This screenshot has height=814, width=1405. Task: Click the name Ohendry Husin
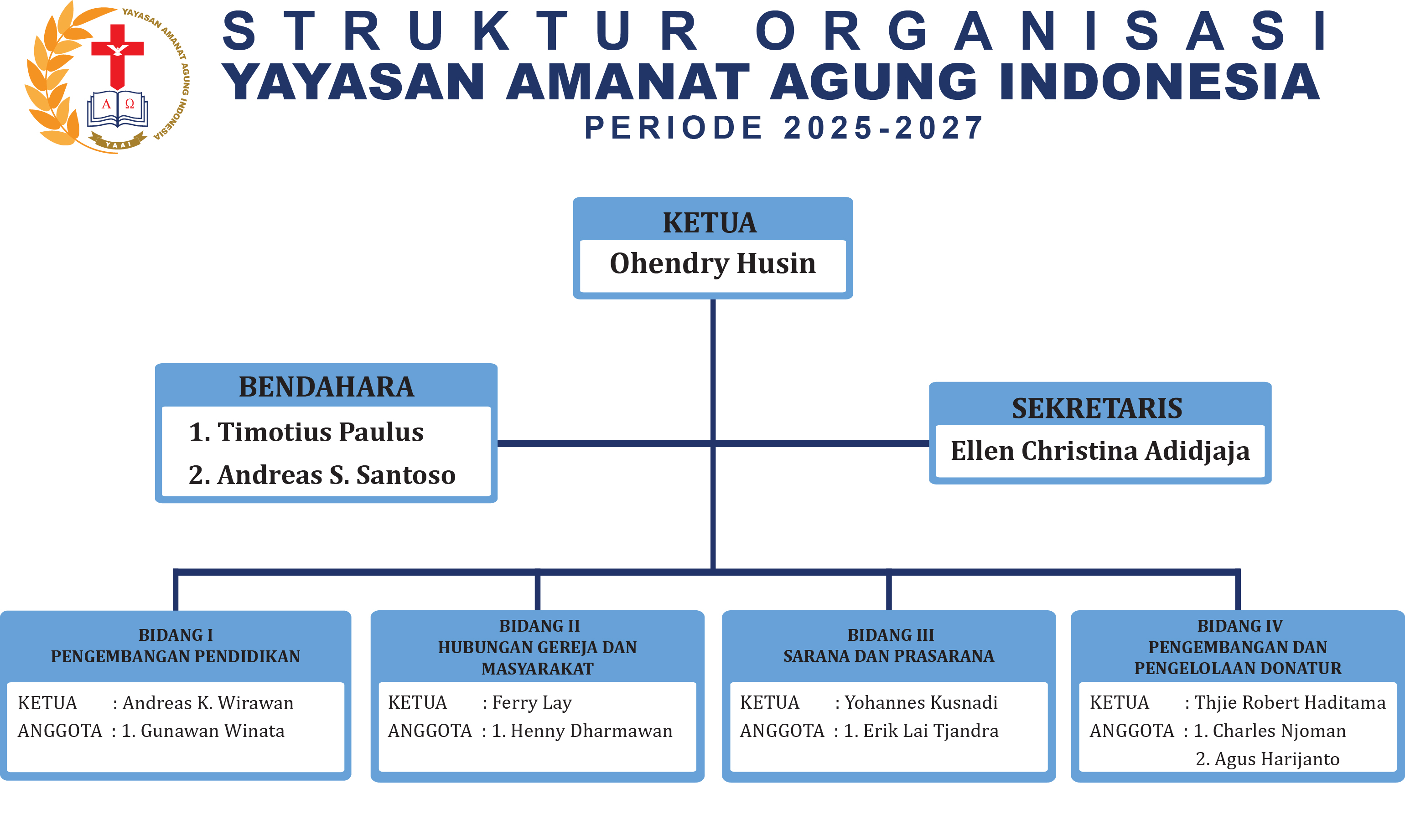[x=713, y=264]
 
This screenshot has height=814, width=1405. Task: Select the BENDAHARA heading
[x=326, y=386]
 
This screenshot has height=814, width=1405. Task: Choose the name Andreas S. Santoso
[x=336, y=475]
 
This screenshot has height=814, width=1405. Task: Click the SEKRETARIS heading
[x=1097, y=408]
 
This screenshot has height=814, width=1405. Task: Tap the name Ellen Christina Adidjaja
[x=1100, y=451]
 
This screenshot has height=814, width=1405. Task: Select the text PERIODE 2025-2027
[x=784, y=128]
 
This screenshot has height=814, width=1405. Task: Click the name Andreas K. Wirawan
[x=208, y=703]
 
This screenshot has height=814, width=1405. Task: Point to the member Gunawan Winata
[x=213, y=731]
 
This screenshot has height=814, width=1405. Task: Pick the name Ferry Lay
[x=532, y=703]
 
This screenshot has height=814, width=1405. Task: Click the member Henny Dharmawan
[x=591, y=731]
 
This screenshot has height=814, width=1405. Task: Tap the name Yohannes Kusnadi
[x=921, y=703]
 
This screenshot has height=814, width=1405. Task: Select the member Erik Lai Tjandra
[x=931, y=731]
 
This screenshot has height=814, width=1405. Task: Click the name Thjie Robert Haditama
[x=1290, y=703]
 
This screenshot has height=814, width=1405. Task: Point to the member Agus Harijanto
[x=1277, y=759]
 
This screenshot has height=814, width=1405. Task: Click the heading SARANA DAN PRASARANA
[x=889, y=656]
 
